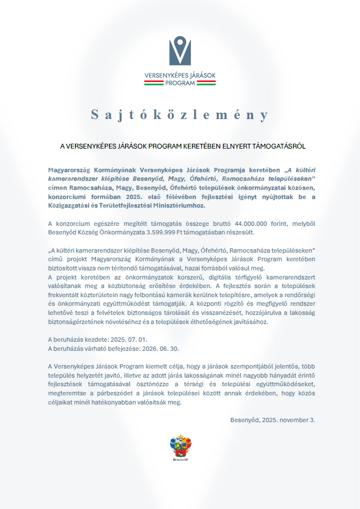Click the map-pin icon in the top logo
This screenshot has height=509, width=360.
click(180, 50)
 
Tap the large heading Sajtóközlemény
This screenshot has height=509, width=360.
click(180, 115)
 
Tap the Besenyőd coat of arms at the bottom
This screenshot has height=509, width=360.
click(180, 447)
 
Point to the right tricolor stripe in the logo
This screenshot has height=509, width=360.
click(203, 83)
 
